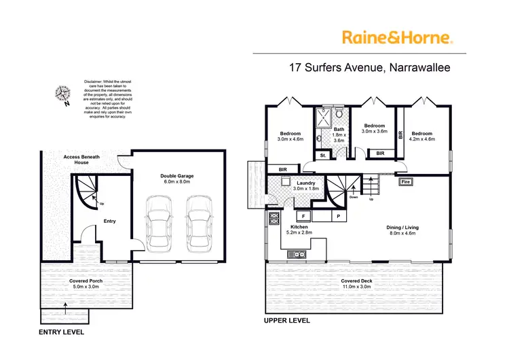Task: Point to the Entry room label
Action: [x=109, y=221]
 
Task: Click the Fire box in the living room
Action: [x=407, y=182]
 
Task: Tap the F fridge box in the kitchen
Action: [x=302, y=216]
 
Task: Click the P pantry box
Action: [x=337, y=216]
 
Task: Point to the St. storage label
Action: [x=324, y=156]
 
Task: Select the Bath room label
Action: [x=339, y=134]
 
